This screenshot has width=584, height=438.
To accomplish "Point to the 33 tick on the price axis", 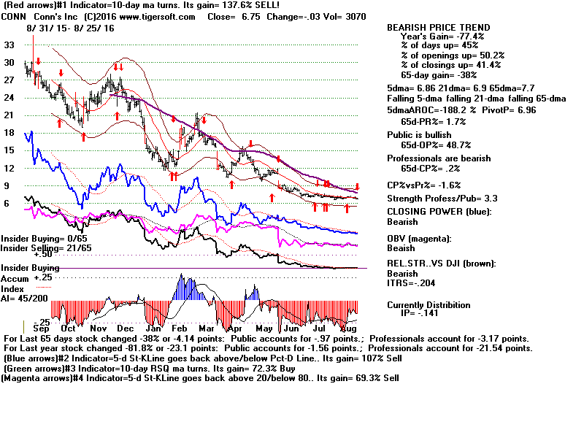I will [9, 45].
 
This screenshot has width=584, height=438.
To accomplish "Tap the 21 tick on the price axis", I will [9, 115].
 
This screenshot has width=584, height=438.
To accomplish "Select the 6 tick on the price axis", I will [7, 204].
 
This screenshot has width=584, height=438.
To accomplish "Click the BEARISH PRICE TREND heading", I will [438, 28].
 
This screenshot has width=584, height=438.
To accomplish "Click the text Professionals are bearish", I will [435, 158].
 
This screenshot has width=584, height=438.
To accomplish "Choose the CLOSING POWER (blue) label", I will [439, 212].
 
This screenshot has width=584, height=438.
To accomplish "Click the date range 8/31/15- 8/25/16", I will [63, 27].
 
